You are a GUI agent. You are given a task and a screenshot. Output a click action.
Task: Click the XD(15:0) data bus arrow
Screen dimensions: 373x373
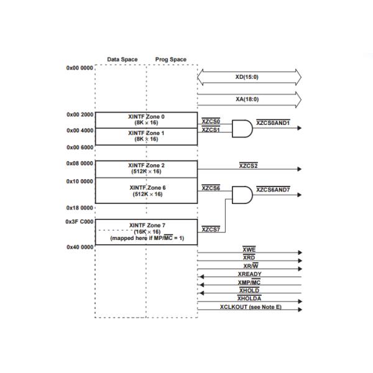(x=249, y=77)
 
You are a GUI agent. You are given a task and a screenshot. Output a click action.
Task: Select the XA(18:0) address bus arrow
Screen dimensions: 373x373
(x=249, y=99)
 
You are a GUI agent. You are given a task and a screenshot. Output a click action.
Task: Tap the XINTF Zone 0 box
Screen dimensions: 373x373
(x=146, y=119)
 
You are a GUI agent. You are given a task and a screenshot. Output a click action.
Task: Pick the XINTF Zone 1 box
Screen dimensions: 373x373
(x=146, y=136)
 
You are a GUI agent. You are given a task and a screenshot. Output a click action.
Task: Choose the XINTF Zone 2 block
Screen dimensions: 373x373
(x=146, y=168)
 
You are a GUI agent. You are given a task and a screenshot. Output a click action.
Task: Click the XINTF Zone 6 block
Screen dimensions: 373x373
(x=146, y=190)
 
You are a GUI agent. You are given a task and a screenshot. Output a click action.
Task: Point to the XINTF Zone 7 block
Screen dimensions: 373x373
(x=146, y=231)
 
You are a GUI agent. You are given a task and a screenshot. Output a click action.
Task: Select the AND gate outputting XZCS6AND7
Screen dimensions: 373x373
(x=242, y=195)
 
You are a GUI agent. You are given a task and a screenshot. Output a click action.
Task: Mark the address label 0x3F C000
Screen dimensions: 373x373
(x=80, y=221)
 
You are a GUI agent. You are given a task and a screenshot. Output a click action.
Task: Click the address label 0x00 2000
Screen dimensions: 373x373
(x=80, y=115)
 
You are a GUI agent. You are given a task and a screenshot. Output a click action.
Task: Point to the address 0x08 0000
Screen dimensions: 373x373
(x=80, y=163)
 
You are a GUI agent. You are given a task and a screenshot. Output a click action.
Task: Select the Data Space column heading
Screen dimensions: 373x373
(x=121, y=60)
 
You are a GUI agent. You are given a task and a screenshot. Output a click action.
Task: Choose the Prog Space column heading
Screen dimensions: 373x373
(x=170, y=60)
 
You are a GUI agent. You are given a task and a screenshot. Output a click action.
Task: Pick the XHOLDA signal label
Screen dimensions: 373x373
(x=249, y=298)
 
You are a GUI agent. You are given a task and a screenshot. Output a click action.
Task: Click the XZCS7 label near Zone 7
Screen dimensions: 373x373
(x=210, y=229)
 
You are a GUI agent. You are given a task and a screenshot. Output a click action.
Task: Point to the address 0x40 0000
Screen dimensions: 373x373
(x=80, y=247)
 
